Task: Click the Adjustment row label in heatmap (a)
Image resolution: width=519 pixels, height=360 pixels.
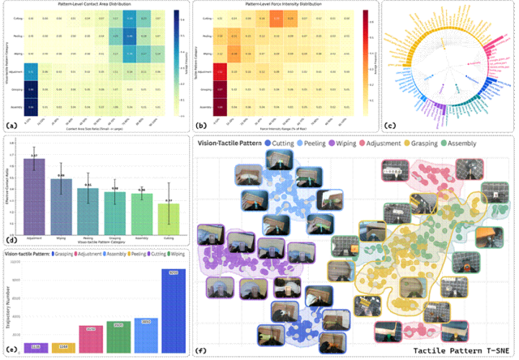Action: click(15, 71)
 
